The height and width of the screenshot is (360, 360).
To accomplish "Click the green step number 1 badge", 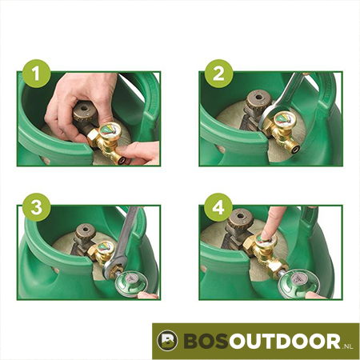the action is point(37,74).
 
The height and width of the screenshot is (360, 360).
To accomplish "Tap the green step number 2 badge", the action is point(218,74).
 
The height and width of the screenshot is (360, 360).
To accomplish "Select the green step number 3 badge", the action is point(37,207).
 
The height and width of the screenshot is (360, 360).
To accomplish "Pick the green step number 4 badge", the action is point(218,207).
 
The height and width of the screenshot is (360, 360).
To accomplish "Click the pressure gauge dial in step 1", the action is point(110,130).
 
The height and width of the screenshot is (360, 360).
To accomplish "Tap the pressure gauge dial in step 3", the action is point(106,247).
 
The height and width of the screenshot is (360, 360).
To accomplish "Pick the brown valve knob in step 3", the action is point(86,232).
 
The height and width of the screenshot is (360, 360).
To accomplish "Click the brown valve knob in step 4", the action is point(241,218).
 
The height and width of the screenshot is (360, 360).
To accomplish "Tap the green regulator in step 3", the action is point(130,282).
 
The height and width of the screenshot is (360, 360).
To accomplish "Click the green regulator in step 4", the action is point(295,282).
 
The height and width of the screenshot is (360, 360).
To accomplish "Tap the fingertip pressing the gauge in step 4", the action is point(267,234).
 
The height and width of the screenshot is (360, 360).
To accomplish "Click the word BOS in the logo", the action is point(206,341).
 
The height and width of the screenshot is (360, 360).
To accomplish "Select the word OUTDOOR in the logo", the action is point(285,341).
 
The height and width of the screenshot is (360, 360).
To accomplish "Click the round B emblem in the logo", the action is point(167,341).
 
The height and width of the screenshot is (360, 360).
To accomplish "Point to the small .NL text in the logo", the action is point(347,346).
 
